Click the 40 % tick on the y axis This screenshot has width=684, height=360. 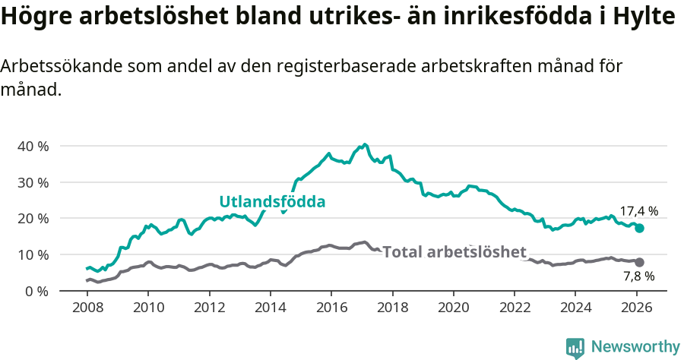coord(33,146)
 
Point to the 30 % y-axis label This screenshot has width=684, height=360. coord(33,182)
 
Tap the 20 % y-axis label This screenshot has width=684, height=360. coord(33,219)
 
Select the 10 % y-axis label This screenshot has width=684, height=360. coord(33,254)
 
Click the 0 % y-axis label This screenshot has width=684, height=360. coord(36,291)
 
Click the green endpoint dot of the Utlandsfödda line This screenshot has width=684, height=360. coord(640,228)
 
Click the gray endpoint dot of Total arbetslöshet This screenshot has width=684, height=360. coord(640,262)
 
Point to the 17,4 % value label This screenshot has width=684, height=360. coord(638,211)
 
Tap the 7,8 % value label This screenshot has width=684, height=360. coord(638,276)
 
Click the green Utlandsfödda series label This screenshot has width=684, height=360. coord(272,202)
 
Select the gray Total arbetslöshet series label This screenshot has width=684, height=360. coord(454,251)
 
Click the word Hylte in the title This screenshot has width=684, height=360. coord(645,17)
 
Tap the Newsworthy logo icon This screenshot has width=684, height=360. coord(575,348)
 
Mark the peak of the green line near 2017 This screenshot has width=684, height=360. coord(365,144)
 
